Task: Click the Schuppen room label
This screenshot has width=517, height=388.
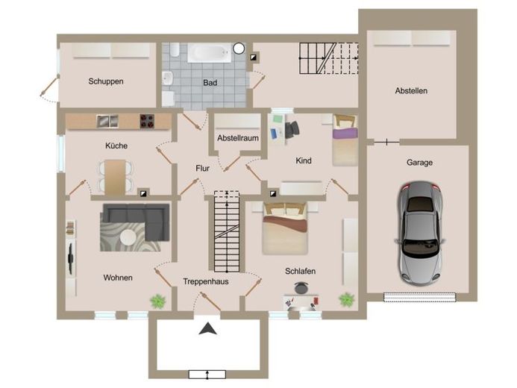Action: (106, 81)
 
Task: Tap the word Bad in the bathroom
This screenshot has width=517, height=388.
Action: (210, 82)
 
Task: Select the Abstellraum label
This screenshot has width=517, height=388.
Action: (238, 138)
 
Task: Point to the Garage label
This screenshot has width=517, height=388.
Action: (419, 163)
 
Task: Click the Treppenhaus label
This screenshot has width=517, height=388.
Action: (206, 281)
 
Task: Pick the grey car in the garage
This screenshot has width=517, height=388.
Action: (419, 233)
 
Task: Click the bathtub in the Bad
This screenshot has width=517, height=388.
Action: (210, 53)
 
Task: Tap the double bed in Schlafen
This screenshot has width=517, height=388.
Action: (285, 228)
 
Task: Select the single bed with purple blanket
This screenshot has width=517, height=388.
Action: (345, 140)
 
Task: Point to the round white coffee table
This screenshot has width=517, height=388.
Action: (128, 237)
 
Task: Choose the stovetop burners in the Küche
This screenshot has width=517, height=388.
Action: (147, 121)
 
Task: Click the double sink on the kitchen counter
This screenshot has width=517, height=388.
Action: (107, 121)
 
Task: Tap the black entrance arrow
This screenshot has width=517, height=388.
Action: (207, 328)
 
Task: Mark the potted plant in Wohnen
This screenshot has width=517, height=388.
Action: (158, 301)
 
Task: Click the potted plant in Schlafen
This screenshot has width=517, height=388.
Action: (347, 300)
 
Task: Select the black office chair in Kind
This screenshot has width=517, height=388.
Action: (292, 129)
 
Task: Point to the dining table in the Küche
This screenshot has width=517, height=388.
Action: (116, 177)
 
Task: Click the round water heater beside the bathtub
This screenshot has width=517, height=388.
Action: (239, 48)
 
